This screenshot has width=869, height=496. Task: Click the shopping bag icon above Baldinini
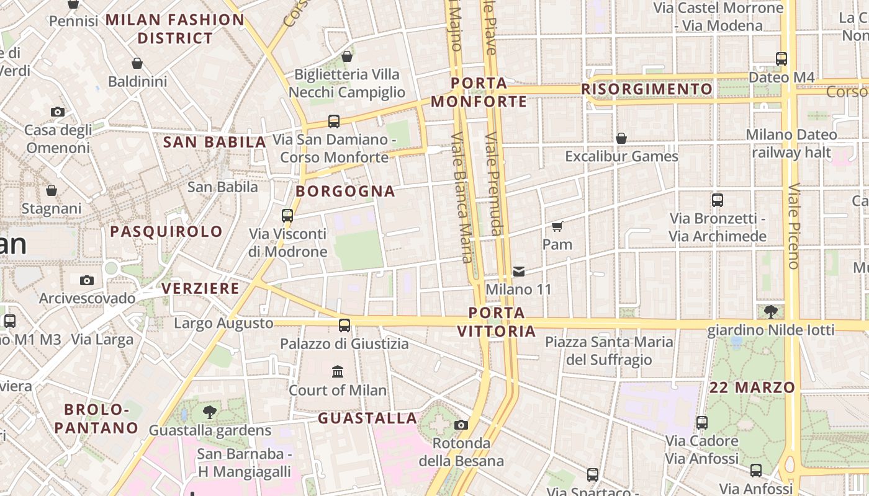tap(137, 63)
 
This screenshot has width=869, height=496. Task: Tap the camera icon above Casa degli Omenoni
tap(58, 112)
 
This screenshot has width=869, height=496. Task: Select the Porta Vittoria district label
tap(497, 322)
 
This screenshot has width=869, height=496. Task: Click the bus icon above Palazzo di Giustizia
tap(344, 325)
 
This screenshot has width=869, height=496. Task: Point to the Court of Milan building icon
tap(338, 371)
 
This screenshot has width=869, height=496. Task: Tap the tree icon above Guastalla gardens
tap(210, 412)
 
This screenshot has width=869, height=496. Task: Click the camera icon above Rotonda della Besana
tap(461, 425)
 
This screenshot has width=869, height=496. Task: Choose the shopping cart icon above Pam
tap(557, 226)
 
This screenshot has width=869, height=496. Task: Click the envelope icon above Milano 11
tap(519, 271)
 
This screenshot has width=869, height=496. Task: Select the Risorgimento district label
tap(647, 89)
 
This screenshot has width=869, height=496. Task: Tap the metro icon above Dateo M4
tap(781, 59)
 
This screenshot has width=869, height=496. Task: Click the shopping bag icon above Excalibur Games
tap(621, 138)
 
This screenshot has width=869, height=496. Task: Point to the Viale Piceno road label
tap(793, 226)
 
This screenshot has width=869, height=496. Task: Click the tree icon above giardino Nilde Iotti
tap(770, 311)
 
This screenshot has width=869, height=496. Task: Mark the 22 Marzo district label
tap(752, 387)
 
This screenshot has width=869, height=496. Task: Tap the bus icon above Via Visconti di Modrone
tap(287, 215)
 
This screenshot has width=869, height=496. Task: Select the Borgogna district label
tap(346, 191)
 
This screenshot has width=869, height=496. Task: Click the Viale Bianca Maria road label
tap(462, 197)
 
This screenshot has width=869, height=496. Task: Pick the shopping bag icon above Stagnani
tap(52, 190)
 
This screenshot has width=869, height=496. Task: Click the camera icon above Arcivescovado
tap(87, 280)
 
